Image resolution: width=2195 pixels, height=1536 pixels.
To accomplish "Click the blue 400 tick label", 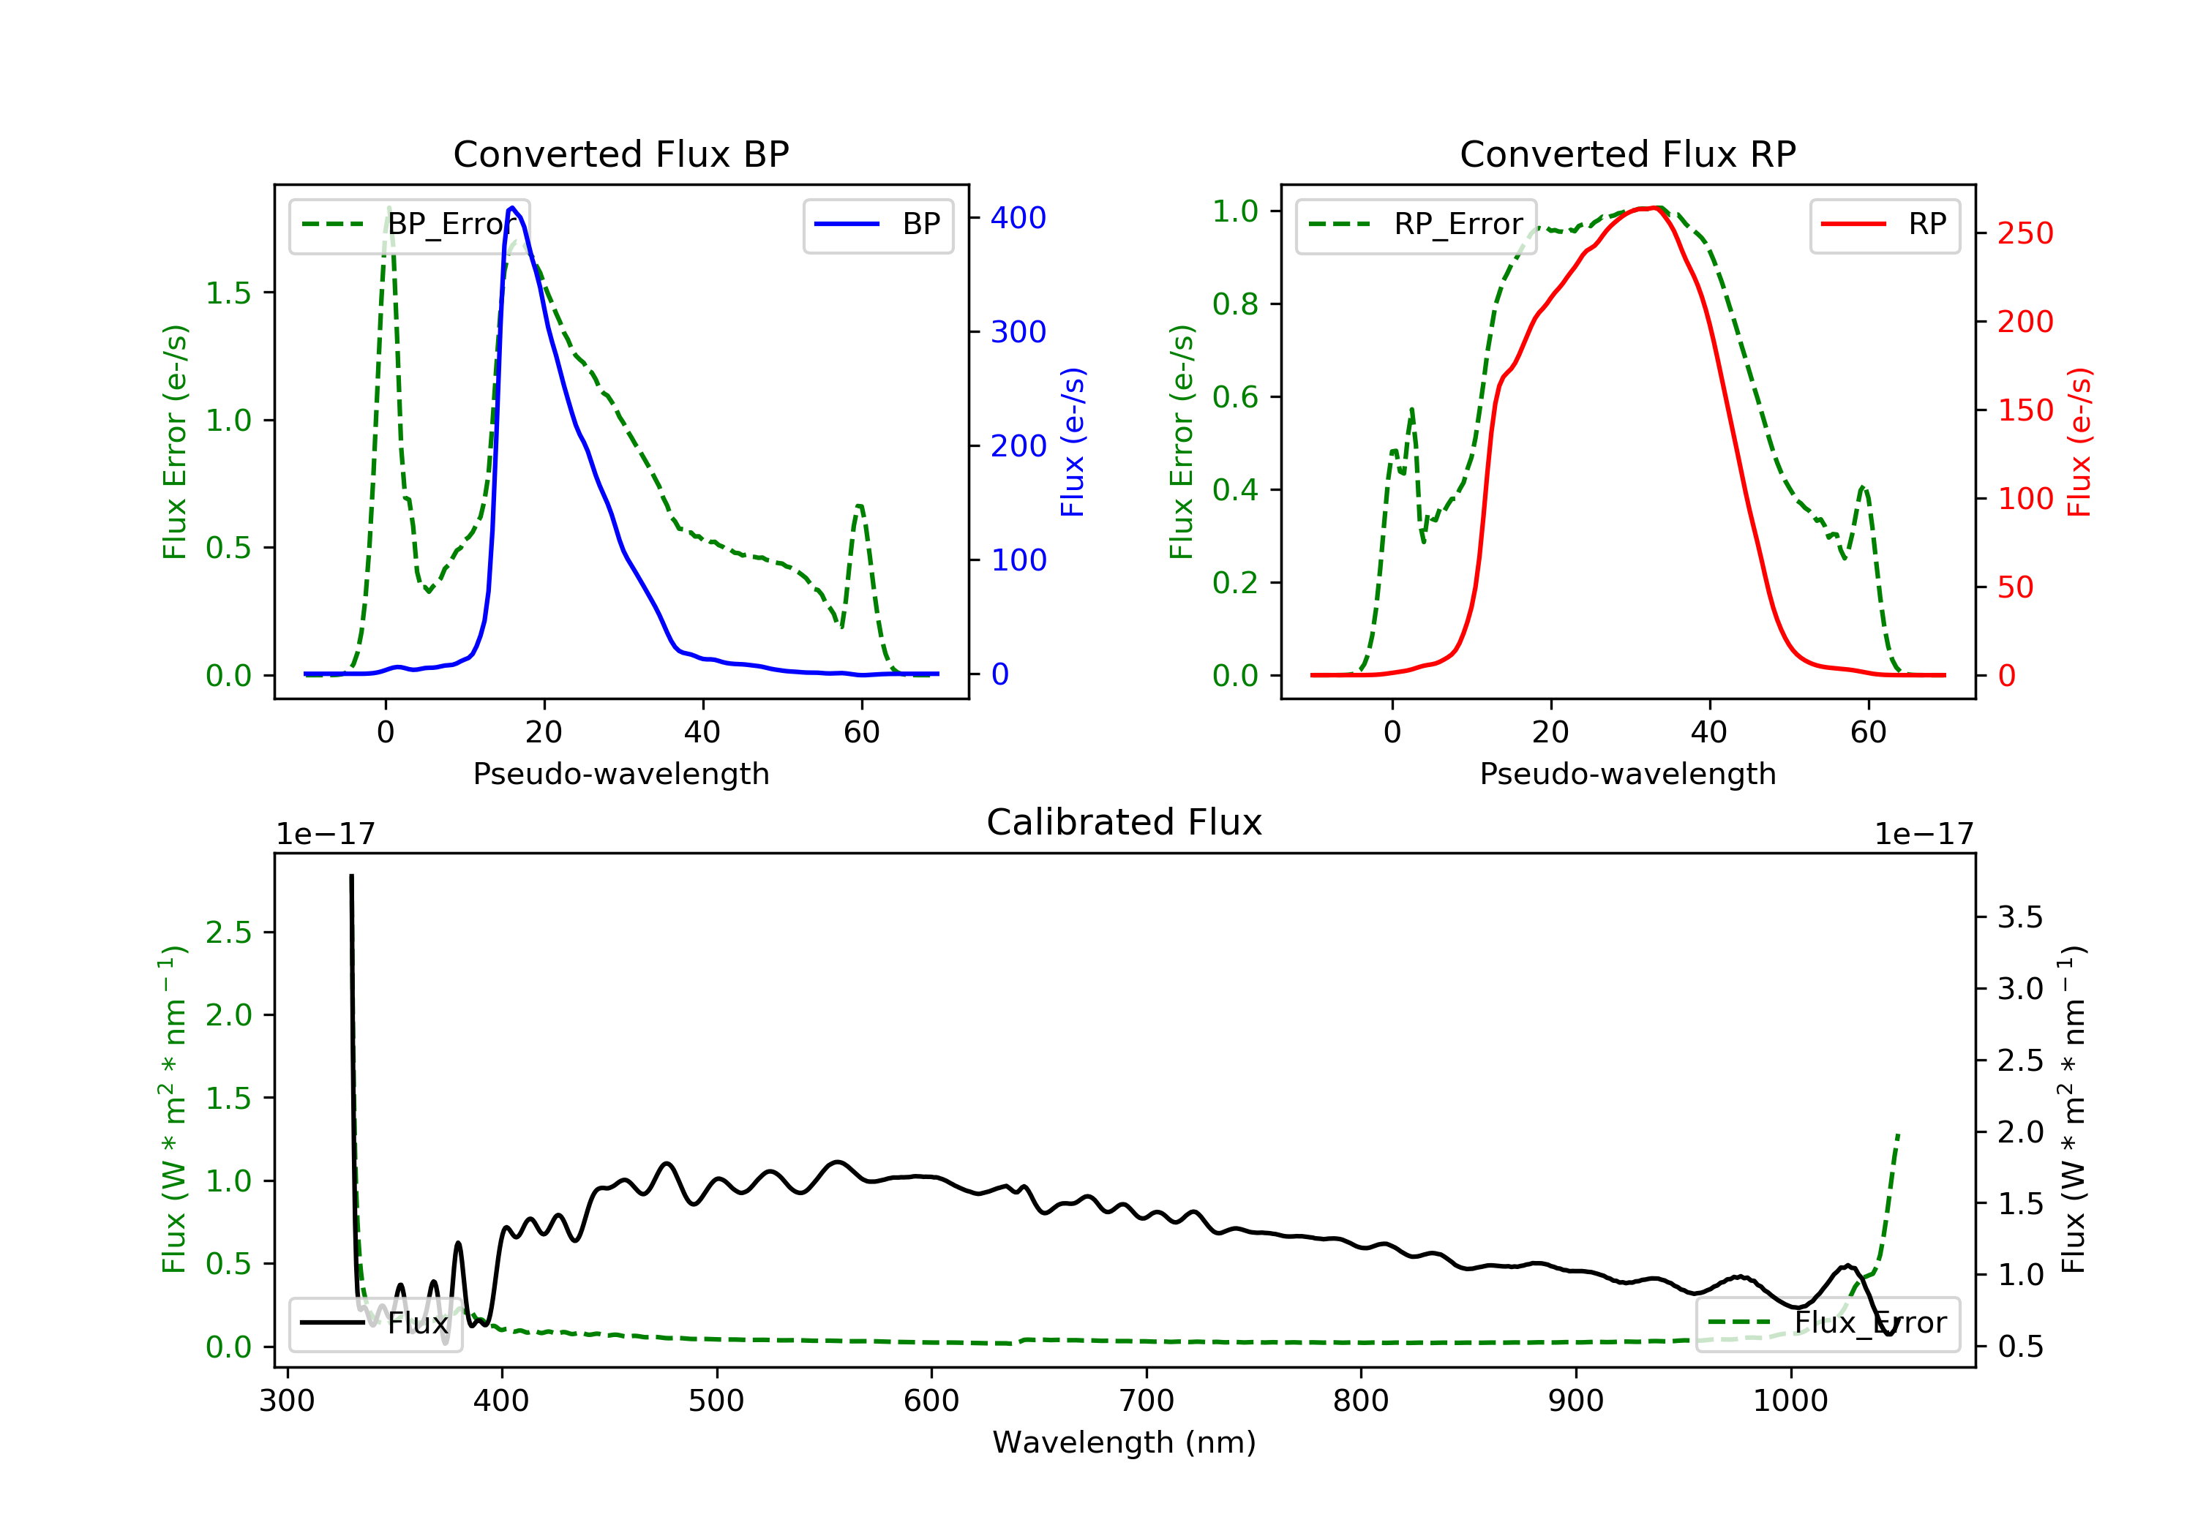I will tap(1018, 218).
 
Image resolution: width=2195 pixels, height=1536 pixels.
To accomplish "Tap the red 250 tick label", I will tap(2025, 233).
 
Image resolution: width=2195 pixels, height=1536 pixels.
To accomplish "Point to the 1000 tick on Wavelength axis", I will tap(1790, 1401).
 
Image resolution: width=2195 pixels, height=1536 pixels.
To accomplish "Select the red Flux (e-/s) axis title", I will tap(2079, 443).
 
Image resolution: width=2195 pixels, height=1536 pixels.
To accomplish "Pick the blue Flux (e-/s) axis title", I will tap(1073, 443).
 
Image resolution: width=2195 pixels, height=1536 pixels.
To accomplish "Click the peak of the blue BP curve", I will tap(512, 208).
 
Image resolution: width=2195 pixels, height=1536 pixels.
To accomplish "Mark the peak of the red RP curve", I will tap(1654, 208).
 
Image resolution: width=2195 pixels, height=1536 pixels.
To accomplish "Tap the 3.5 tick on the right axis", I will tap(2020, 918).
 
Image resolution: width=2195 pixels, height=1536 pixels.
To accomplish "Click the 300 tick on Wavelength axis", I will tap(287, 1401).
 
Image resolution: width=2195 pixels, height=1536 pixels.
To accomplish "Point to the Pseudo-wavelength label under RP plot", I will tap(1627, 774).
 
